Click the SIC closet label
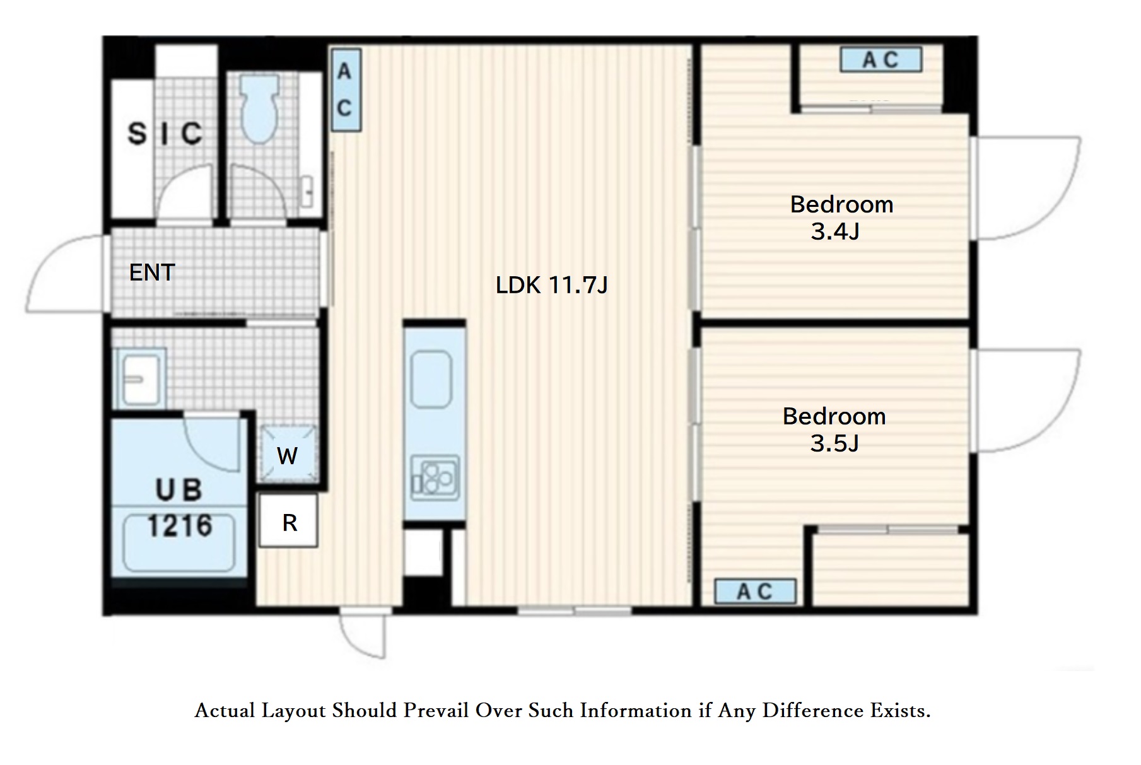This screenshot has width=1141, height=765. coord(165,133)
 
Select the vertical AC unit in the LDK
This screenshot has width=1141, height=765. coord(345,90)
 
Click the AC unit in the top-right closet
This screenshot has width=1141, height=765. coord(881,60)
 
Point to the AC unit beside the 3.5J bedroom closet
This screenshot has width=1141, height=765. coord(755,592)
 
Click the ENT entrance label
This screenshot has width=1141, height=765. coord(152,272)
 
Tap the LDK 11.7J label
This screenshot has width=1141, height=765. coord(552,285)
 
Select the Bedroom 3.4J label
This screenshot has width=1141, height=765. coord(841,218)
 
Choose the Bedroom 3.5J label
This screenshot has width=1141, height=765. coord(834,430)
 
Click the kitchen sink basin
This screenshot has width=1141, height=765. coord(431,379)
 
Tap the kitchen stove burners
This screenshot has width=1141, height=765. coord(435,477)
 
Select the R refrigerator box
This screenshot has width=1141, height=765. coord(289,522)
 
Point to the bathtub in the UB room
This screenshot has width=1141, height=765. coord(179,544)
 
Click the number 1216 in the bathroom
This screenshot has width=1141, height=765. coord(180,525)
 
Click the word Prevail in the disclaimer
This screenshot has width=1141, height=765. coord(436,711)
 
